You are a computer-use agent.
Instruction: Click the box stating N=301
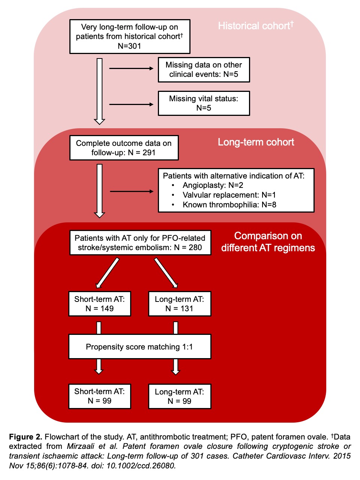click(130, 37)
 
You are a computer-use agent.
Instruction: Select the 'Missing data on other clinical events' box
click(204, 70)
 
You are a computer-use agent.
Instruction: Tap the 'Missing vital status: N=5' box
click(204, 103)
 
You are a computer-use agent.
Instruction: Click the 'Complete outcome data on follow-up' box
click(124, 148)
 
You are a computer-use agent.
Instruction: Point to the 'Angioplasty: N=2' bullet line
click(213, 185)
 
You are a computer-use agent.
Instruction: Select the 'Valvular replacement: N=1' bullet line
click(229, 195)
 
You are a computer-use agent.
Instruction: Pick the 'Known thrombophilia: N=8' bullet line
click(229, 205)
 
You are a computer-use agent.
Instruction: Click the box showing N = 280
click(140, 243)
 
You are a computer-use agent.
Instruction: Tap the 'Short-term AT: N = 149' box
click(99, 304)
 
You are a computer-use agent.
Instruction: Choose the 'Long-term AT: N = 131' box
click(179, 304)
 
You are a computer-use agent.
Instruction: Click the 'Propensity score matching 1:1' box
click(139, 347)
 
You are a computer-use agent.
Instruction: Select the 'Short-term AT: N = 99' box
click(99, 396)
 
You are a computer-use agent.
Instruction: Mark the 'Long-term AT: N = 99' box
click(179, 396)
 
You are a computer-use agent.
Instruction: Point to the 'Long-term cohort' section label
click(256, 142)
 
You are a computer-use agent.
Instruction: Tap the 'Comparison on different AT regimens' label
click(268, 242)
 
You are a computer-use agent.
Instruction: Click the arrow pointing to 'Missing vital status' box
click(131, 104)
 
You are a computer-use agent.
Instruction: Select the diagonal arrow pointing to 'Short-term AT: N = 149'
click(108, 273)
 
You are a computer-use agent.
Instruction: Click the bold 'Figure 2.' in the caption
click(25, 437)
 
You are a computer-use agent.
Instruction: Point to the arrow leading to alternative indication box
click(131, 191)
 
